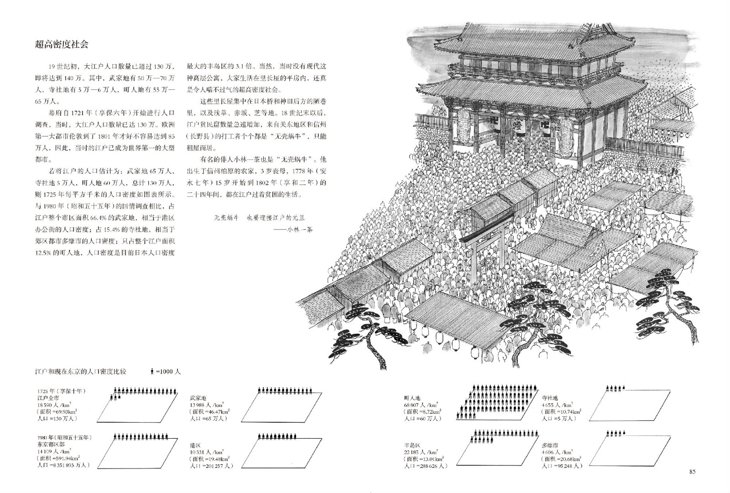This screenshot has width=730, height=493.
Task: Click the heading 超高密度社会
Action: pos(62,44)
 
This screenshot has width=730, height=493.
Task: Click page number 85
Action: pos(692,472)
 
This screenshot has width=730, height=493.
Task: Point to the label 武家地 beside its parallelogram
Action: pos(198,398)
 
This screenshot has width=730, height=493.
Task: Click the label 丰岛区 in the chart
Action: pos(412,446)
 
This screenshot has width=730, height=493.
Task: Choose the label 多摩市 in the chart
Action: pos(550,445)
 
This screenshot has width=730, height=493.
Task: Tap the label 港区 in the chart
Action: pos(196,446)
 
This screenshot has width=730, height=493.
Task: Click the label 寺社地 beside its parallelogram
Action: pos(550,398)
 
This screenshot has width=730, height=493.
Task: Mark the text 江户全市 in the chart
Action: pos(49,398)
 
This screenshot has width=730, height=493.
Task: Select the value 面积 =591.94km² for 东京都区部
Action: pos(59,458)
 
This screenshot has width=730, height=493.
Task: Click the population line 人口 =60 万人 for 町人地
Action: pos(422,418)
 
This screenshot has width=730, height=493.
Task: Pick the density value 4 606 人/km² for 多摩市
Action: pos(557,452)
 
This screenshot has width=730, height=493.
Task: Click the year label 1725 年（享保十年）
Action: pos(62,391)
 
